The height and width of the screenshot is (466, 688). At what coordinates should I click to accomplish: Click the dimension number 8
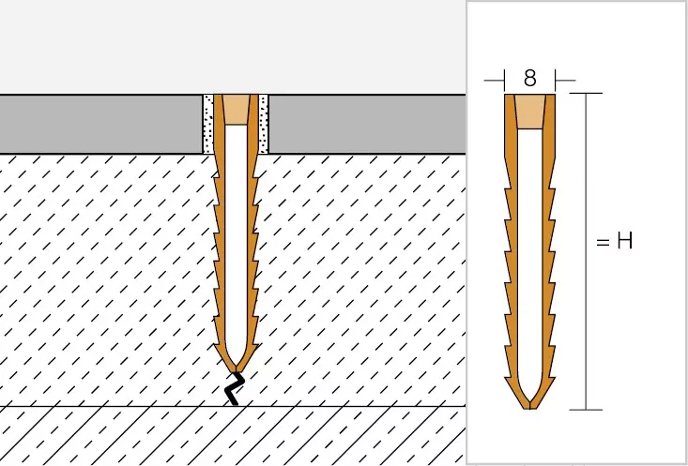pyautogui.click(x=529, y=79)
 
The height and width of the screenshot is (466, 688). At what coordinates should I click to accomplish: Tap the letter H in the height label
pyautogui.click(x=624, y=241)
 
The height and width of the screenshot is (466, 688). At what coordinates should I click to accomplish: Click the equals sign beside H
pyautogui.click(x=603, y=242)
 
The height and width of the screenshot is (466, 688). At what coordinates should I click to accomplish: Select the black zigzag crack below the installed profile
pyautogui.click(x=235, y=388)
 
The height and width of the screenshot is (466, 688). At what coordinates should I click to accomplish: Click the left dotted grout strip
pyautogui.click(x=208, y=124)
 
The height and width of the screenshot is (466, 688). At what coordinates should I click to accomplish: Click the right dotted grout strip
pyautogui.click(x=263, y=124)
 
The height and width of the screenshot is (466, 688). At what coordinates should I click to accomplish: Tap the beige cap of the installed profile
pyautogui.click(x=237, y=110)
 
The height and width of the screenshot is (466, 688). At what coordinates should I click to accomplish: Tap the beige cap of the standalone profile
pyautogui.click(x=530, y=112)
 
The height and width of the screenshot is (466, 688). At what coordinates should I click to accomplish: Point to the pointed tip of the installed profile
pyautogui.click(x=237, y=371)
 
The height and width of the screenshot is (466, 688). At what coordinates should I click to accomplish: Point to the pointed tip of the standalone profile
pyautogui.click(x=530, y=408)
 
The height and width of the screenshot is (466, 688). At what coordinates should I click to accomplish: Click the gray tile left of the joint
pyautogui.click(x=101, y=124)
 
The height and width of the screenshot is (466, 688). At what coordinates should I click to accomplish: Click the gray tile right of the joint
pyautogui.click(x=367, y=124)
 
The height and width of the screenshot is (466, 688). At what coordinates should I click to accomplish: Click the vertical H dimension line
pyautogui.click(x=586, y=251)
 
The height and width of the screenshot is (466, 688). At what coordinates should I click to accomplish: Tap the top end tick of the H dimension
pyautogui.click(x=586, y=94)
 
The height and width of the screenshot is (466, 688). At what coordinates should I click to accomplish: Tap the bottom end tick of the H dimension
pyautogui.click(x=586, y=410)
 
